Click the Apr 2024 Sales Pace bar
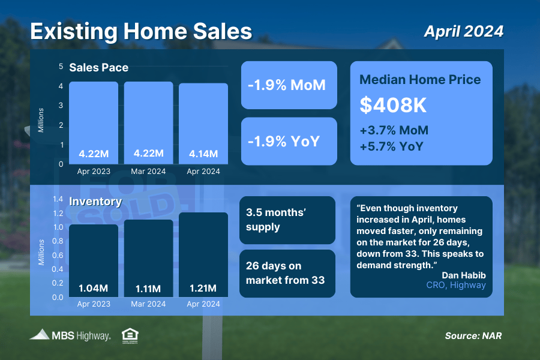pos(203,124)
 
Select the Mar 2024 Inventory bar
pos(148,259)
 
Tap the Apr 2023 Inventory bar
pos(94,261)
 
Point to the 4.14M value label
pos(203,154)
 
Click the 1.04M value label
pos(94,288)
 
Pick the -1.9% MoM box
pos(289,85)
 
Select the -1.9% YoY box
pos(289,141)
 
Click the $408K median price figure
pos(393,105)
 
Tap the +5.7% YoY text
pos(392,146)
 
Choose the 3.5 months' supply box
pos(287,220)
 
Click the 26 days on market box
pos(287,274)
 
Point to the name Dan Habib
pos(464,275)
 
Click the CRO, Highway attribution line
pos(456,285)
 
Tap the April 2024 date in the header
pos(464,31)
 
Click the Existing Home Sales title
pos(141,31)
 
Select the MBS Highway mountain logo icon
pos(40,335)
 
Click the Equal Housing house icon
pos(130,336)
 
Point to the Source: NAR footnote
pos(473,336)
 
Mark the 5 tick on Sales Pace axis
pos(61,66)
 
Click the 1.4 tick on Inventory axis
pos(58,199)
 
